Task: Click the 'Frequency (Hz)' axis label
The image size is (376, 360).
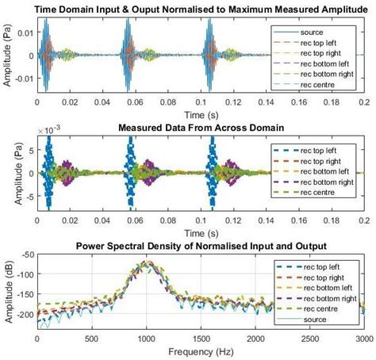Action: click(201, 350)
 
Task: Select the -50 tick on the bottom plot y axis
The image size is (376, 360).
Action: click(26, 255)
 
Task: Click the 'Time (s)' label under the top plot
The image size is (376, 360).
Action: click(201, 113)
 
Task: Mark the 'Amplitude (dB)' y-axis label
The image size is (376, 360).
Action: click(7, 289)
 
